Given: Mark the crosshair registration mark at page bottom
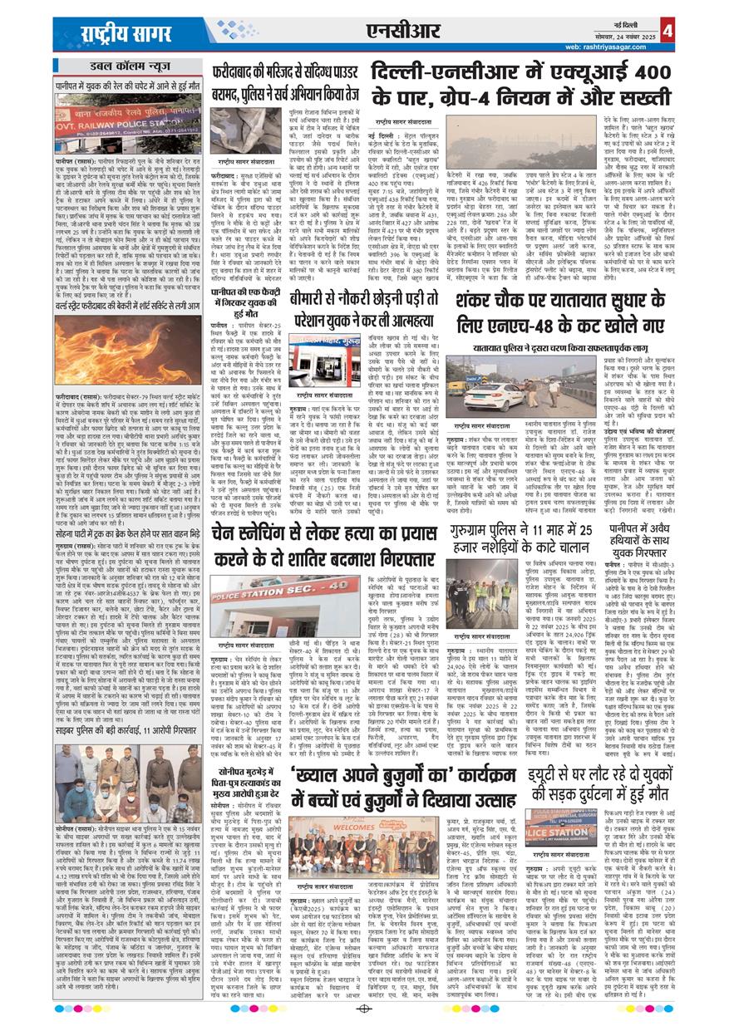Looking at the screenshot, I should pyautogui.click(x=364, y=1009).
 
